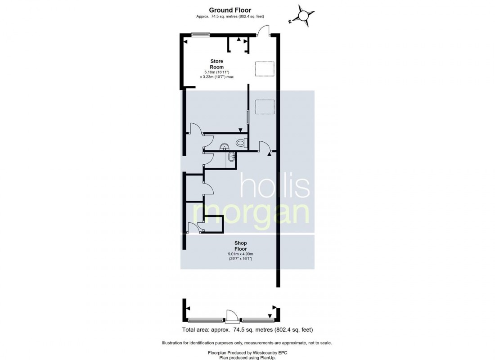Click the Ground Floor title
[230, 10]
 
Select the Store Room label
[216, 64]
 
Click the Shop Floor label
[241, 246]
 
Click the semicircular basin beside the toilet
[225, 147]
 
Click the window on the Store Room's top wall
[201, 34]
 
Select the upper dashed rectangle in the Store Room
[265, 69]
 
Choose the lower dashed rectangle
[265, 107]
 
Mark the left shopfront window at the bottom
[207, 320]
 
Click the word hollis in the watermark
[275, 186]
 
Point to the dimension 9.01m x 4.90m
[241, 254]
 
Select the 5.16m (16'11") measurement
[216, 72]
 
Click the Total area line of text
[247, 330]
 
